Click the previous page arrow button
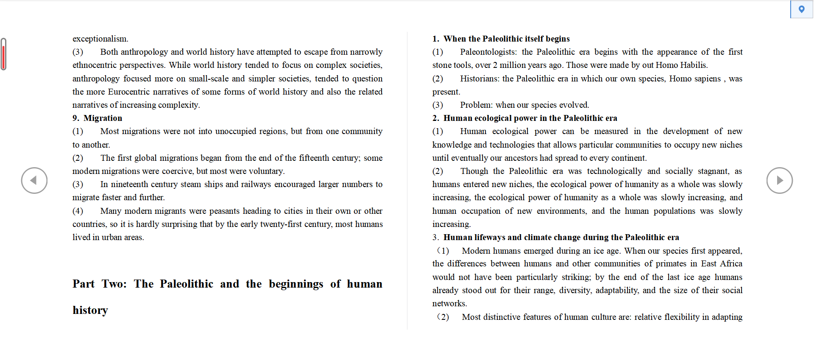coord(34,180)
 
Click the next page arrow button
coord(779,180)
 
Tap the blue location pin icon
coord(801,9)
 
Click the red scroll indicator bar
coord(3,54)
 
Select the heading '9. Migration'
coord(98,118)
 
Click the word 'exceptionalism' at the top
coord(100,39)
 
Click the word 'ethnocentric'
coord(94,65)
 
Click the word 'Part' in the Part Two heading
coord(84,284)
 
